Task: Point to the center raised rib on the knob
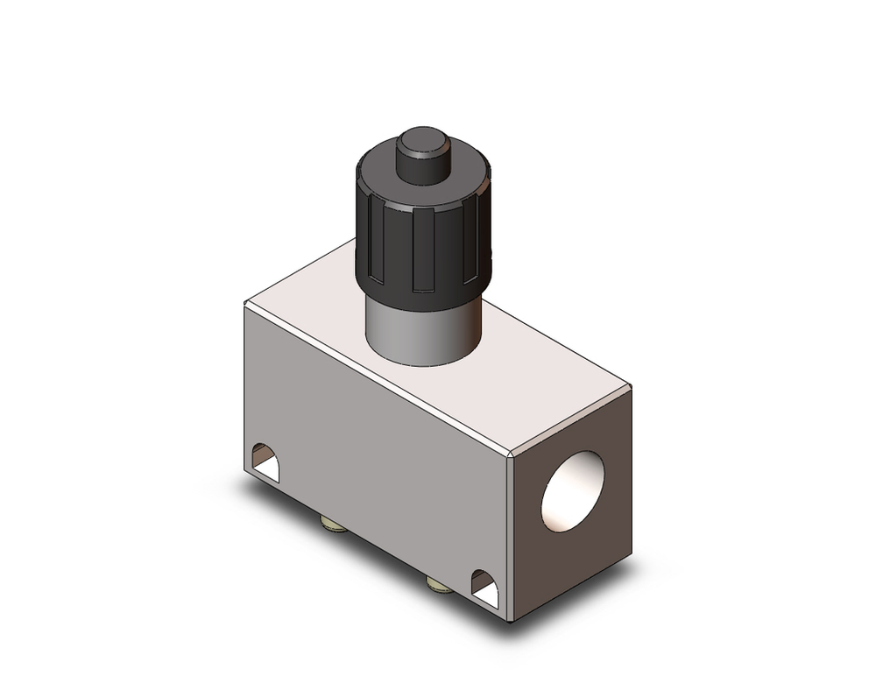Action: tap(423, 255)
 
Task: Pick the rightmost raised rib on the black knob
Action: tap(477, 245)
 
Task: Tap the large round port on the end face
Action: tap(573, 492)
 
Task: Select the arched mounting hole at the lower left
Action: tap(265, 462)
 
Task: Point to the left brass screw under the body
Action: tap(333, 525)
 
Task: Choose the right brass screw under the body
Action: tap(440, 583)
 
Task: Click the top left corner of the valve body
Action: tap(246, 302)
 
